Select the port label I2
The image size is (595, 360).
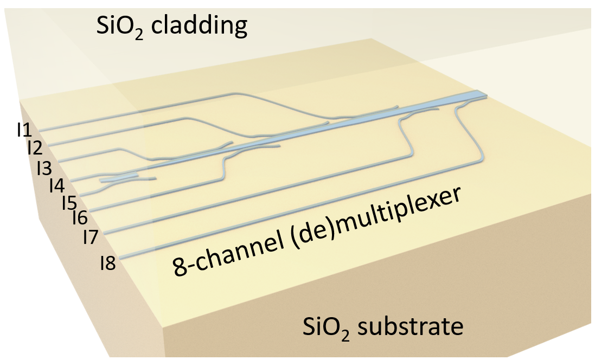click(x=35, y=147)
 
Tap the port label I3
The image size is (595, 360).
click(x=44, y=166)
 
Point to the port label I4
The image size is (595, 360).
click(x=56, y=185)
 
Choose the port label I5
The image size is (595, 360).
click(x=68, y=202)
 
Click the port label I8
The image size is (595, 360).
click(x=107, y=264)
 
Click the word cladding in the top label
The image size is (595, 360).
click(x=200, y=25)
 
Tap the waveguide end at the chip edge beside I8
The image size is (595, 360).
click(x=121, y=259)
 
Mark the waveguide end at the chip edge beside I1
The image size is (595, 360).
click(x=41, y=130)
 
